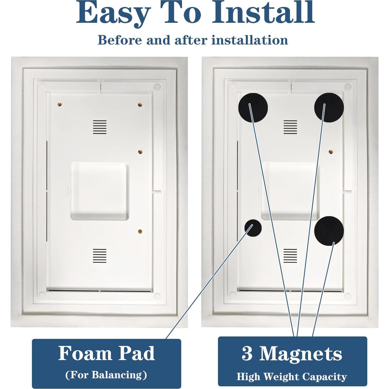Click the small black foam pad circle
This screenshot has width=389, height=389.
point(253,228)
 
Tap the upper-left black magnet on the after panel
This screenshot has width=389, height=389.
point(253,108)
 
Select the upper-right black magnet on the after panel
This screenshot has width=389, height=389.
point(329,108)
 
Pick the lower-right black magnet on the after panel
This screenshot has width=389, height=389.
point(329,231)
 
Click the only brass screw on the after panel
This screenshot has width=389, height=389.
point(331,151)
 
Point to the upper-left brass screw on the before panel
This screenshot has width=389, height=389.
point(60,104)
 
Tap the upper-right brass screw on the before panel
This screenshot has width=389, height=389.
point(140,105)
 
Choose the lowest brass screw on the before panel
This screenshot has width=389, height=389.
point(140,231)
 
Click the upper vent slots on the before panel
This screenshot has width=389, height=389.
point(100,127)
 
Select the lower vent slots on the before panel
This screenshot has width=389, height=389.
point(100,256)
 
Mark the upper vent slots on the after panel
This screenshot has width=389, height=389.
point(290,127)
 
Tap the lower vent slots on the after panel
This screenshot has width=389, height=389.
point(290,256)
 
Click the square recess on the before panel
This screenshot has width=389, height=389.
point(100,191)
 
